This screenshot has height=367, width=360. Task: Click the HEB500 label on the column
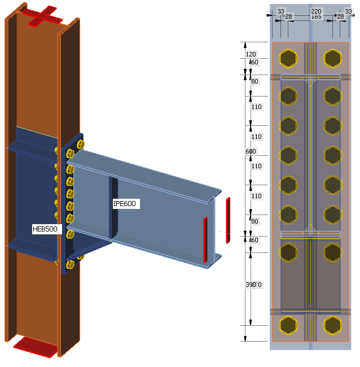point(47,229)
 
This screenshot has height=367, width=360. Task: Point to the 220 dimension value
point(316,10)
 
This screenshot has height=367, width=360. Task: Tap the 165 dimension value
point(316,17)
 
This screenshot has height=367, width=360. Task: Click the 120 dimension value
point(251,54)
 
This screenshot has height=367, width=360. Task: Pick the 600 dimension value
point(251,151)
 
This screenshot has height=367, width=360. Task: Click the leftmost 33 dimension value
point(280,10)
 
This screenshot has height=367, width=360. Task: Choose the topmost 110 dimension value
point(257,107)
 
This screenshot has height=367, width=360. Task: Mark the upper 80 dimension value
point(254,82)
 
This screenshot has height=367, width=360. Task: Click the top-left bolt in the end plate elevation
point(288,58)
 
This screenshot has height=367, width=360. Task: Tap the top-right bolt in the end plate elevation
point(332,58)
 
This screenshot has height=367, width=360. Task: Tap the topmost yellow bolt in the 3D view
point(79,145)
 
